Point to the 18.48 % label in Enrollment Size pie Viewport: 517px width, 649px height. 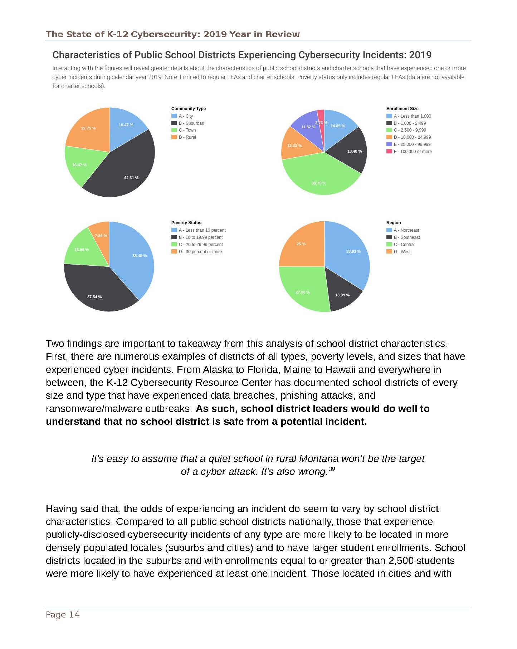[354, 151]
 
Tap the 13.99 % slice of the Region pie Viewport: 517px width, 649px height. [342, 293]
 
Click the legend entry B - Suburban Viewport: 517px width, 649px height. [191, 123]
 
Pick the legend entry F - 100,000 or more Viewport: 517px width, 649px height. [412, 151]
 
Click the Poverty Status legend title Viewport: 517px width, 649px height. [186, 222]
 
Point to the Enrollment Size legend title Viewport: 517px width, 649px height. [402, 108]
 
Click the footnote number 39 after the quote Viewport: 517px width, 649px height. [332, 469]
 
